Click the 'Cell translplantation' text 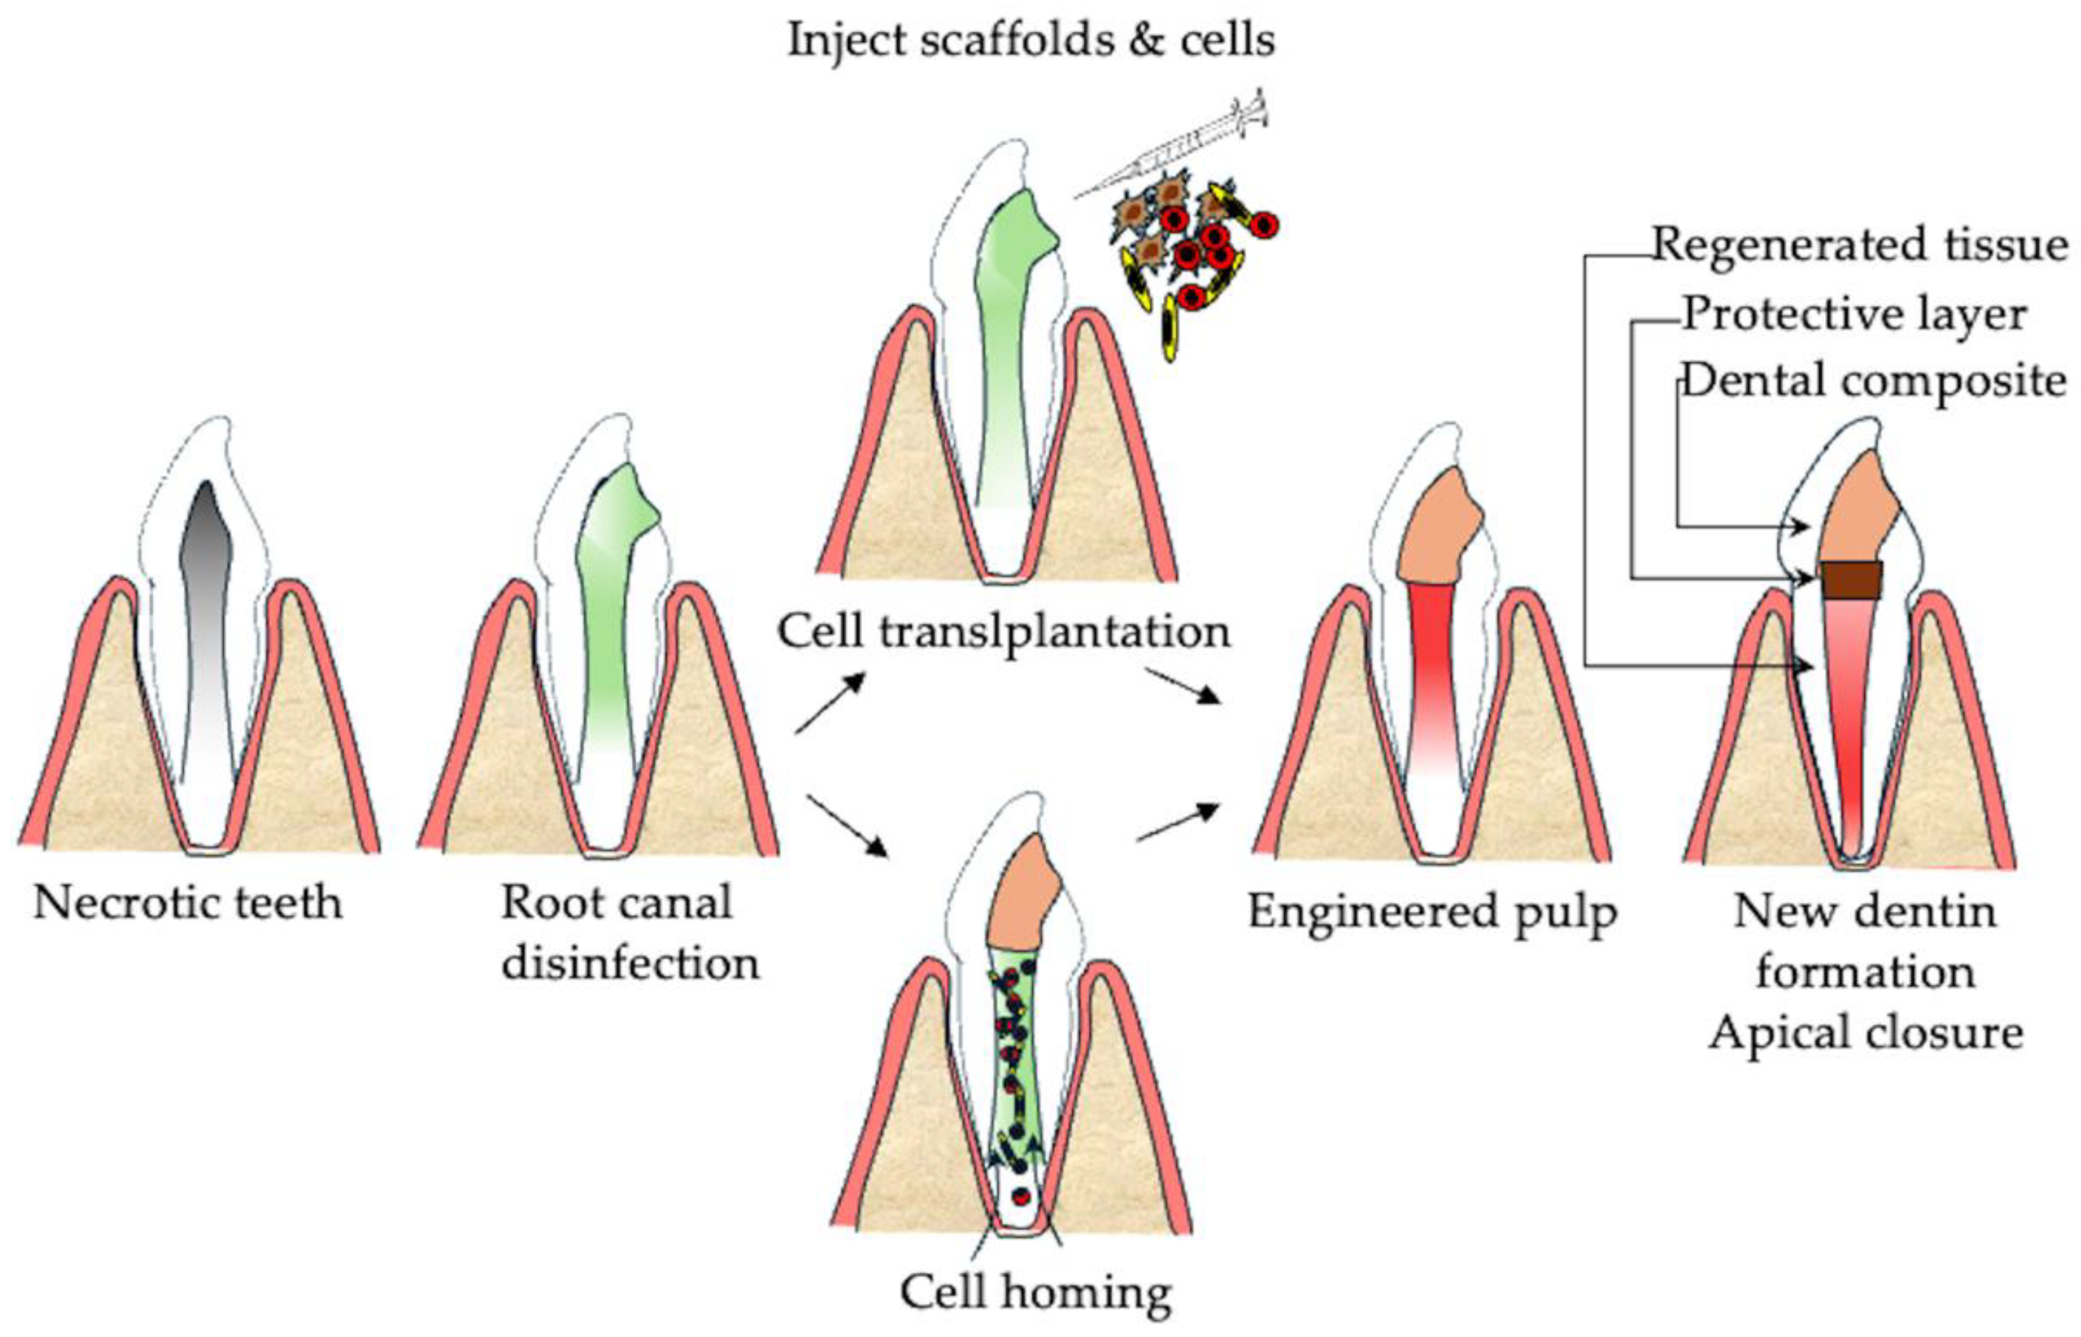(x=1003, y=632)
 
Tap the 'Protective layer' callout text (x=1854, y=314)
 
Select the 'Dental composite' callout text (x=1874, y=381)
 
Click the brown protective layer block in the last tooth (x=1851, y=580)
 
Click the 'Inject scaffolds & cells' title (x=1030, y=41)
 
